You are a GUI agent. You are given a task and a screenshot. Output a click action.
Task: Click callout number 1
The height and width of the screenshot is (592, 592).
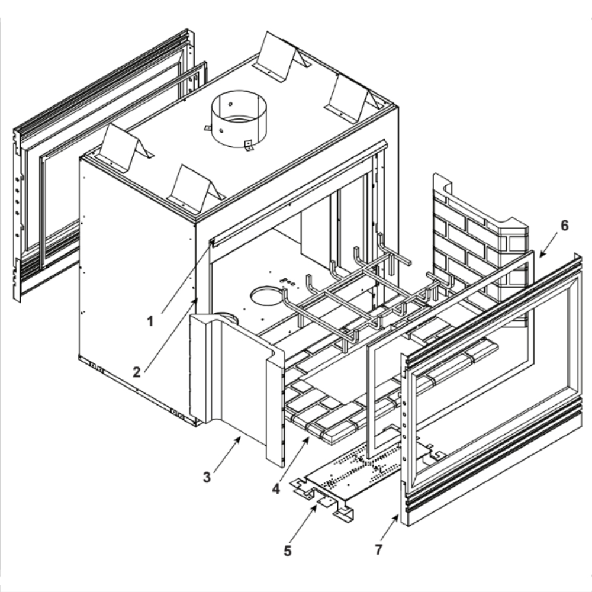point(150,321)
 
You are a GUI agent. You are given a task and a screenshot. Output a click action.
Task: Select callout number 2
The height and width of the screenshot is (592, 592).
point(137,372)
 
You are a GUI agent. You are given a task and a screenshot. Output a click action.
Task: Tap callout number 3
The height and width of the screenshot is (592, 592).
point(207,477)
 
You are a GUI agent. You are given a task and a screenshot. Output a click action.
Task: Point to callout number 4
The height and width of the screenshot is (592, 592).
point(276,489)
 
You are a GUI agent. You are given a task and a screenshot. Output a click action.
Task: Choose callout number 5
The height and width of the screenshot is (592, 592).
point(288,551)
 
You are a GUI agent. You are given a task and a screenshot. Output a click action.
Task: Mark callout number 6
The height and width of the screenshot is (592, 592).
point(564,226)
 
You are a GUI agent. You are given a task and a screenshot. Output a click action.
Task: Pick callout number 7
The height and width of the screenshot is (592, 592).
point(379,550)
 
